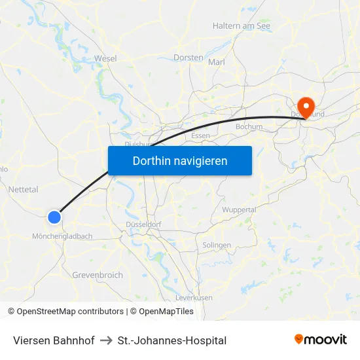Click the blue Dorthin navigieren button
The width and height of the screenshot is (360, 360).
[180, 160]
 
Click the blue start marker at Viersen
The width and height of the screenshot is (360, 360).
[54, 217]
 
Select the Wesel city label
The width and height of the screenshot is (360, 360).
[105, 58]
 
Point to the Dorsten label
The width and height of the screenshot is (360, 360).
[189, 58]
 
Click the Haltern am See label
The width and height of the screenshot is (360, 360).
[242, 26]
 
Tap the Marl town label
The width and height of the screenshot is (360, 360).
[217, 62]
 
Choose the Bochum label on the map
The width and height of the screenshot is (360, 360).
[249, 127]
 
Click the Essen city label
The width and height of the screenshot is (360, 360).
[200, 135]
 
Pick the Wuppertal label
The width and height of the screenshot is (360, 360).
[240, 209]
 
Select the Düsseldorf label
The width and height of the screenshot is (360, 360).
[144, 224]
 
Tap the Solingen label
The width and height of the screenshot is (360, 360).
[217, 245]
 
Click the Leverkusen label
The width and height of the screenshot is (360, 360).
[194, 297]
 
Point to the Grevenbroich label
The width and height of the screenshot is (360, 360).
[98, 275]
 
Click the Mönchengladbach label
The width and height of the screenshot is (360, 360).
[62, 236]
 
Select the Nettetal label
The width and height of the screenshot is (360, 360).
[24, 189]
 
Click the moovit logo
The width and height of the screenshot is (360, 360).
[321, 340]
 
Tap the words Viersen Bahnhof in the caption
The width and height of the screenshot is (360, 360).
[54, 340]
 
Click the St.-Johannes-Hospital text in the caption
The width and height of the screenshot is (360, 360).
[172, 340]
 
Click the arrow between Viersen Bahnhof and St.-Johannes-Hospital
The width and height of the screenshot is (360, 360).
[106, 340]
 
